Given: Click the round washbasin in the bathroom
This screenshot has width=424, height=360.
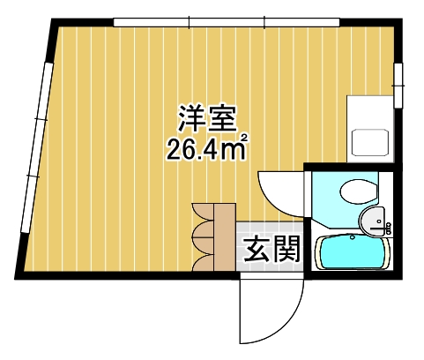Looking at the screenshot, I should tap(371, 219).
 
